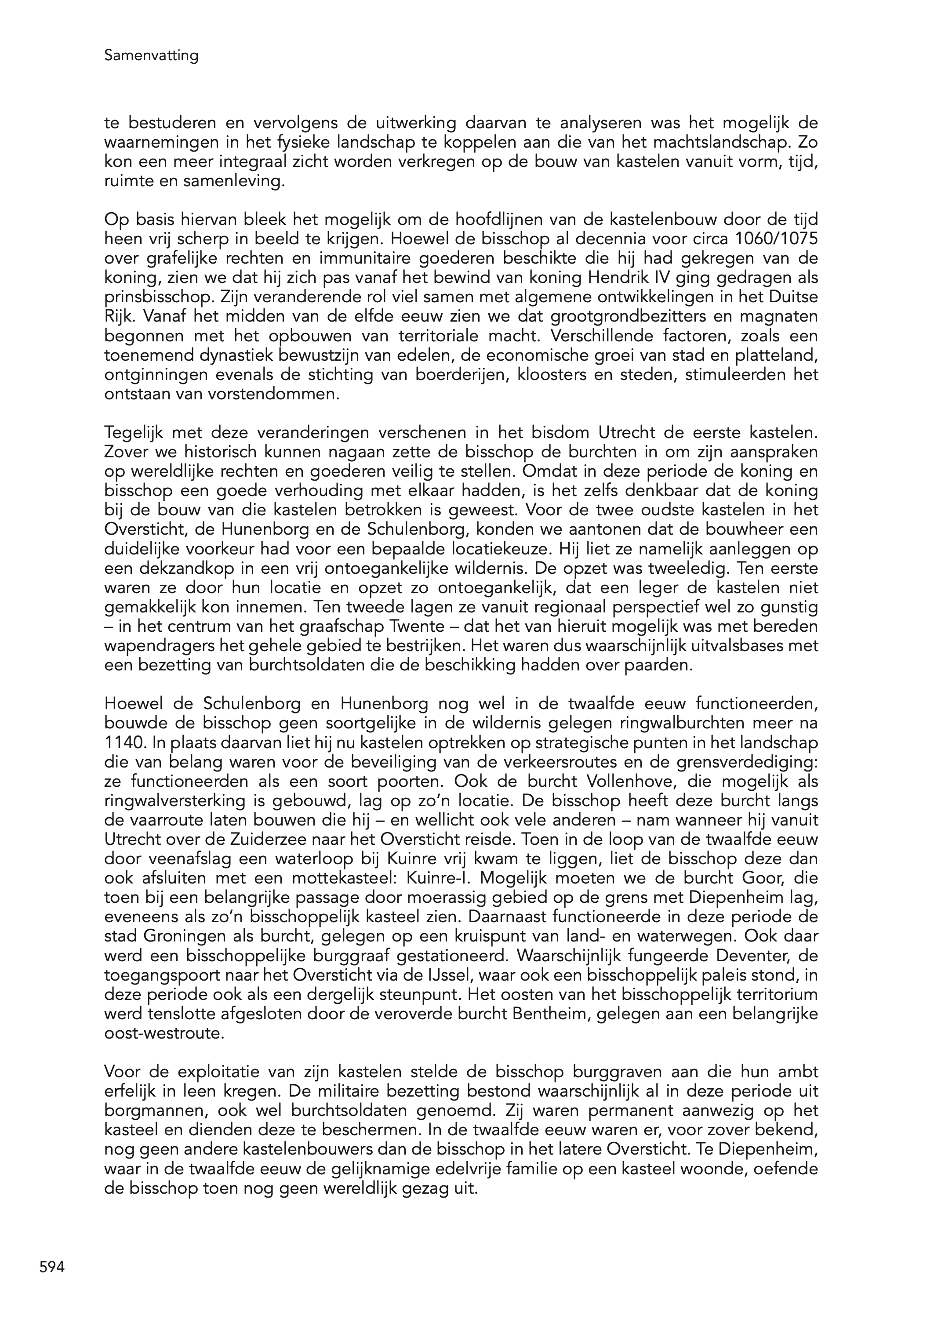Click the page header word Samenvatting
(x=151, y=56)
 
